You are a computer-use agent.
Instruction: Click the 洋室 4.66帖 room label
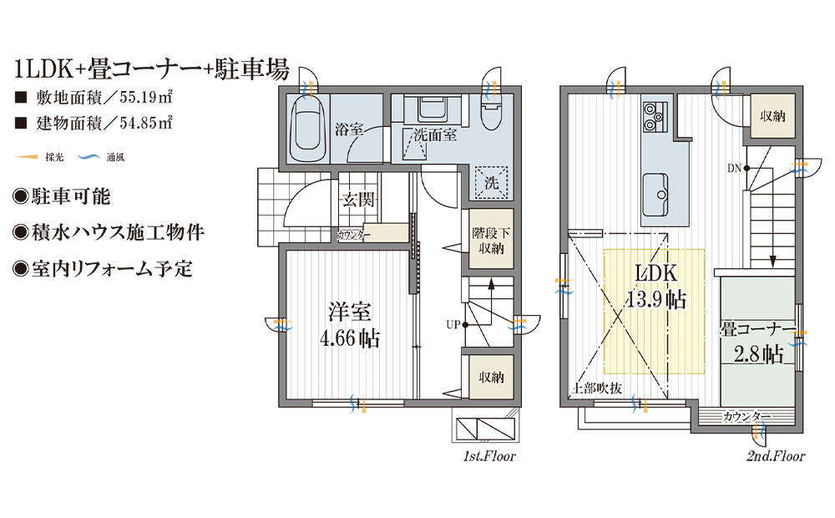pos(349,324)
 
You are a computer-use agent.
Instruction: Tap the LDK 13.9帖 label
pos(655,287)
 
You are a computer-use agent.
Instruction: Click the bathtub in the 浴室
pos(306,129)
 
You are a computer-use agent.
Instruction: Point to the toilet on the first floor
pos(490,112)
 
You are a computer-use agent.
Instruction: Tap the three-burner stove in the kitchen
pos(653,117)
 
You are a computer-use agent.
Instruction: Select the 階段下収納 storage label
pos(491,241)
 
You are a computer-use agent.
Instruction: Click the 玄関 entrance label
pos(358,200)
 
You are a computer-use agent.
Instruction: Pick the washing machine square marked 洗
pos(491,183)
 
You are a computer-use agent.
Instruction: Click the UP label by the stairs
pos(453,324)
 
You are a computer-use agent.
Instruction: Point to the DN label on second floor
pos(734,169)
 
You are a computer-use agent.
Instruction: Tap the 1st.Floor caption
pos(489,457)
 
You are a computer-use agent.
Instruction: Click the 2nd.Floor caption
pos(776,457)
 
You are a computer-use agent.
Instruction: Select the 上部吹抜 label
pos(596,388)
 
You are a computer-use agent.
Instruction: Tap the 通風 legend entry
pos(101,157)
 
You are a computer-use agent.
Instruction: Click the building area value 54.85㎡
pos(145,123)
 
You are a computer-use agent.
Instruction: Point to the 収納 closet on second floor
pos(772,116)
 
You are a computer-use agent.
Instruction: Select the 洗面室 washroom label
pos(435,135)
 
